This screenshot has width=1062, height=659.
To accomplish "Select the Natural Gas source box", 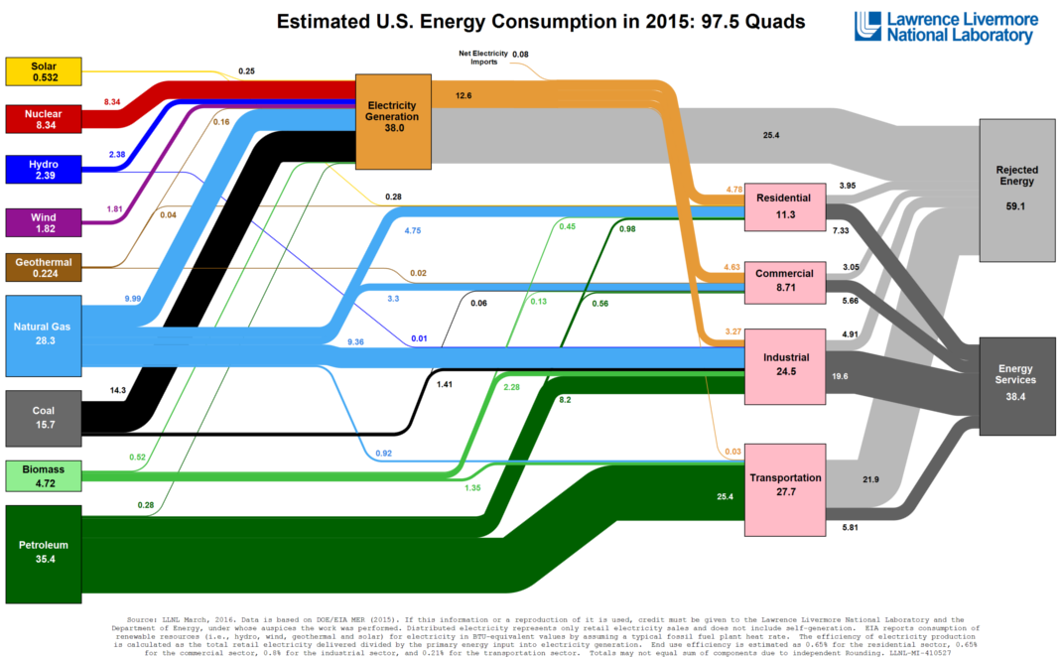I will pos(42,332).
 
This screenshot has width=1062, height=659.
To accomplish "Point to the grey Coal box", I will pos(42,418).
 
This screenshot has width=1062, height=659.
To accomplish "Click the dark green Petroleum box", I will pos(42,554).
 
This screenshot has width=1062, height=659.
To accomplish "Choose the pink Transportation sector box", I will pos(786,484).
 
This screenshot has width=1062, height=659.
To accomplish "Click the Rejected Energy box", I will pos(1016,189).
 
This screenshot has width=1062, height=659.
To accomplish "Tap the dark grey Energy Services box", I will pos(1016,386).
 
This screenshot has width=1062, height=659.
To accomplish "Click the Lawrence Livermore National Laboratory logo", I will pos(945,28).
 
